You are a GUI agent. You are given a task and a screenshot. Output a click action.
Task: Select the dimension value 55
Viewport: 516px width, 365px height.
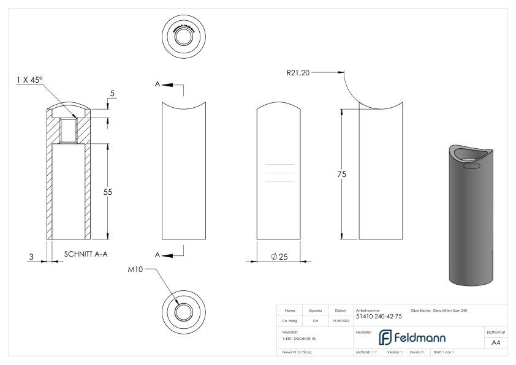[x=107, y=192]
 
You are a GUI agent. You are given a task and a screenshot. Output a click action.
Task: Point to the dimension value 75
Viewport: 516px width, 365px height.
[x=342, y=175]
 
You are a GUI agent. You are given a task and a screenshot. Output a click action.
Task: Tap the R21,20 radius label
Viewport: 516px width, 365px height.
[x=300, y=72]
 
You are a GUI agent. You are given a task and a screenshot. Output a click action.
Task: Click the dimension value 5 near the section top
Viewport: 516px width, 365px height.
[x=112, y=92]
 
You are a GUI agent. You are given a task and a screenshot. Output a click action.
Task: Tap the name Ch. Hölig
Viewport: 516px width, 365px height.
[x=291, y=319]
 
